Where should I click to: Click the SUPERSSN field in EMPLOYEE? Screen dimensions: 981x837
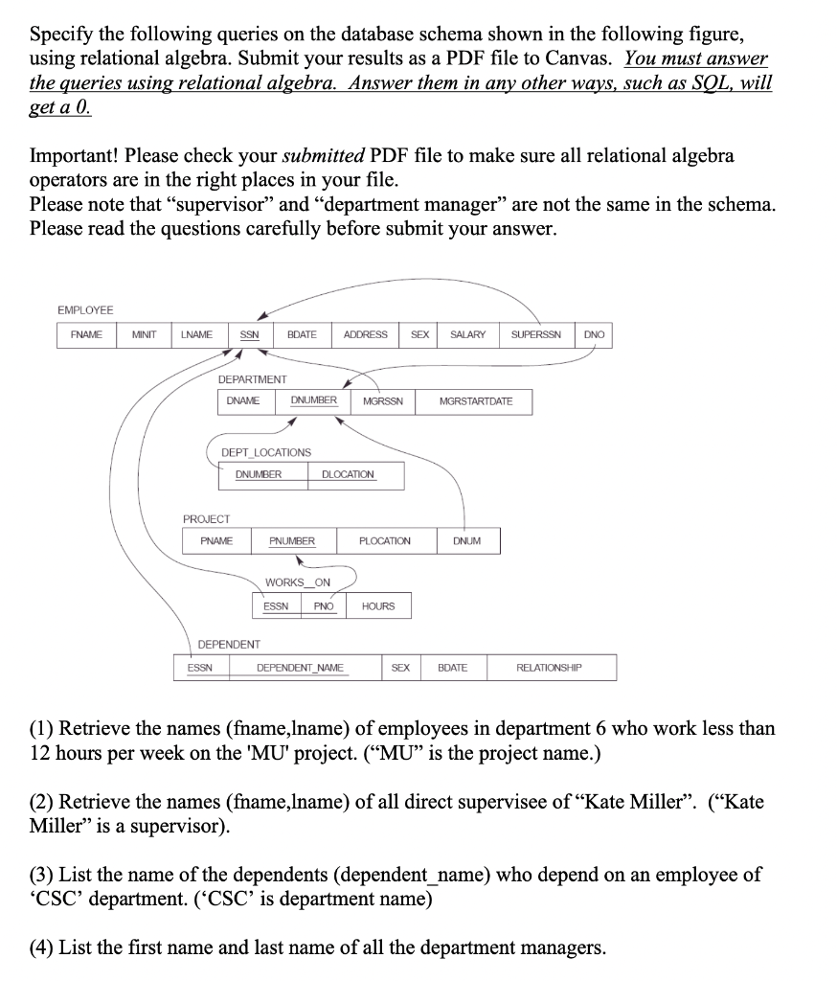coord(536,334)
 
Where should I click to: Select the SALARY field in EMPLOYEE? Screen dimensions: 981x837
coord(467,334)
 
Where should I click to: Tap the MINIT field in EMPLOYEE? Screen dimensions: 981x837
coord(145,334)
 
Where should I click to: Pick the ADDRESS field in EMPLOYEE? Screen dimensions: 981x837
coord(365,334)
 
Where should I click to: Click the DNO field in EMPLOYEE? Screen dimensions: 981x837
coord(594,334)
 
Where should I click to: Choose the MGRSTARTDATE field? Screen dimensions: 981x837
coord(476,400)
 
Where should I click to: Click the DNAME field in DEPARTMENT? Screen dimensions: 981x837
coord(243,400)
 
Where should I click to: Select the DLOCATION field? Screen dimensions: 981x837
coord(349,474)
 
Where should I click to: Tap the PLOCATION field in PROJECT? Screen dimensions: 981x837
coord(384,541)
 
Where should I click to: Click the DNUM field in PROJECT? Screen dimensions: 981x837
coord(467,541)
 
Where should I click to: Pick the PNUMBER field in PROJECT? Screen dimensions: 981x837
coord(292,541)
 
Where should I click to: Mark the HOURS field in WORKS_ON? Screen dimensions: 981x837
coord(378,605)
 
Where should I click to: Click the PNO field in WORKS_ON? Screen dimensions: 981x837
coord(324,605)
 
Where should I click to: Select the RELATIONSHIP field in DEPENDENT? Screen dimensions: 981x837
coord(550,668)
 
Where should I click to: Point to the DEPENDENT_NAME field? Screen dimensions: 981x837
coord(300,668)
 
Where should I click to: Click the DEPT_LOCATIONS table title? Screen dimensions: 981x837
coord(266,452)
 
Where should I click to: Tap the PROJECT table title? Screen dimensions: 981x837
coord(207,518)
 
